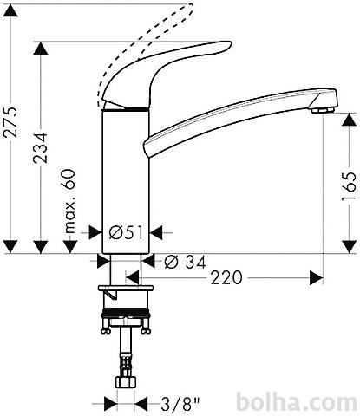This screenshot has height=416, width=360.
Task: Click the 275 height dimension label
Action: click(x=10, y=121)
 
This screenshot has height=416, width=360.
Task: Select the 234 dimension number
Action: click(x=40, y=148)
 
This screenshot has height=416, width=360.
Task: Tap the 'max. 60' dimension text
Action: click(x=69, y=201)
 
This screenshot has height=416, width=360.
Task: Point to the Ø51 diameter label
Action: click(x=127, y=233)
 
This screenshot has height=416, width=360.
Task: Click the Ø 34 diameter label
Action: click(x=185, y=262)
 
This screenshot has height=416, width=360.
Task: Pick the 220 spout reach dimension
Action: click(x=226, y=277)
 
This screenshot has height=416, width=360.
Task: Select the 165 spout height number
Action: click(x=349, y=186)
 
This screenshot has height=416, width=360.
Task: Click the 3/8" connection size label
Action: click(x=180, y=404)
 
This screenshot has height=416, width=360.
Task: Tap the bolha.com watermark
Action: click(x=297, y=402)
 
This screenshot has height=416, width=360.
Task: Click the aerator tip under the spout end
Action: click(x=323, y=110)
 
